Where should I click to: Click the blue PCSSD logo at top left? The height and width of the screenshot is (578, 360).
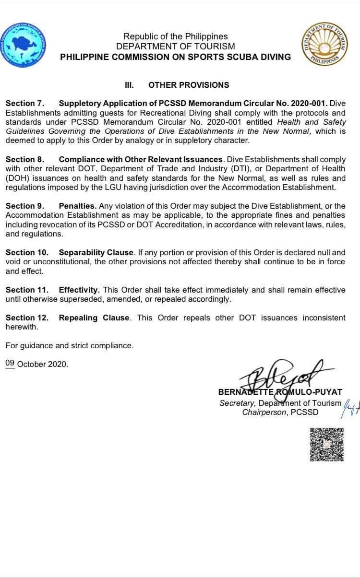pos(24,44)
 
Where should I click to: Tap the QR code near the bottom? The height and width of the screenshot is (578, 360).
pos(326,444)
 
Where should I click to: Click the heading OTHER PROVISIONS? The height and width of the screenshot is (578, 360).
pos(189,85)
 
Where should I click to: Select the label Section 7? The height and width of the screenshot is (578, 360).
pos(25,103)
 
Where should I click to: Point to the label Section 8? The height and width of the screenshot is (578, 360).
pos(25,159)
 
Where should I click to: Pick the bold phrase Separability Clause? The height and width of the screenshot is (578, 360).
pos(96,252)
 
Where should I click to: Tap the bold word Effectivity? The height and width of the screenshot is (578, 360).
pos(79,290)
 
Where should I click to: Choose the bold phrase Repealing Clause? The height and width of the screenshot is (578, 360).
pos(94,318)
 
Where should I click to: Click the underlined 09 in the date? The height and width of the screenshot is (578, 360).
pos(10,364)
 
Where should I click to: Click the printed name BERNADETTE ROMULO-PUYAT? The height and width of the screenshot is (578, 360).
pos(280,392)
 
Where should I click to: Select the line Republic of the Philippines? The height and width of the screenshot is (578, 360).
pos(176,36)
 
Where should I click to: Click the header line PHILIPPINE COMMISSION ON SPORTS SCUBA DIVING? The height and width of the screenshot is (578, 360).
pos(176,57)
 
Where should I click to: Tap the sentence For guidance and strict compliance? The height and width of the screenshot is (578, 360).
pos(70,345)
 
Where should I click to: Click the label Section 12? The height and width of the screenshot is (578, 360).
pos(27,318)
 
